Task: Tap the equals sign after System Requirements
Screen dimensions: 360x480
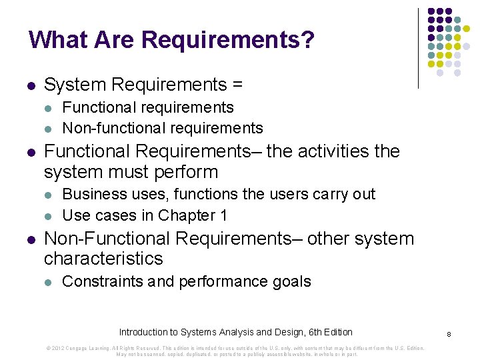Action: [x=237, y=85]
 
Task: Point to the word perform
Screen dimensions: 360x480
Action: [x=189, y=172]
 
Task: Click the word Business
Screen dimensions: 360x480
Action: [x=94, y=194]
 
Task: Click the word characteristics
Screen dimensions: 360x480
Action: [x=103, y=259]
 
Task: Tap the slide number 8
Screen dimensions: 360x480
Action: [x=449, y=333]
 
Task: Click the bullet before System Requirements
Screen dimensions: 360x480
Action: [x=30, y=86]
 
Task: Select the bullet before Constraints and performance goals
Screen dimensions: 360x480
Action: [x=47, y=282]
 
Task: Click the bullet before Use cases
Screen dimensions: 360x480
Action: [x=47, y=216]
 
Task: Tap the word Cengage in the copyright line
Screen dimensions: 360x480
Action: [x=79, y=348]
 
